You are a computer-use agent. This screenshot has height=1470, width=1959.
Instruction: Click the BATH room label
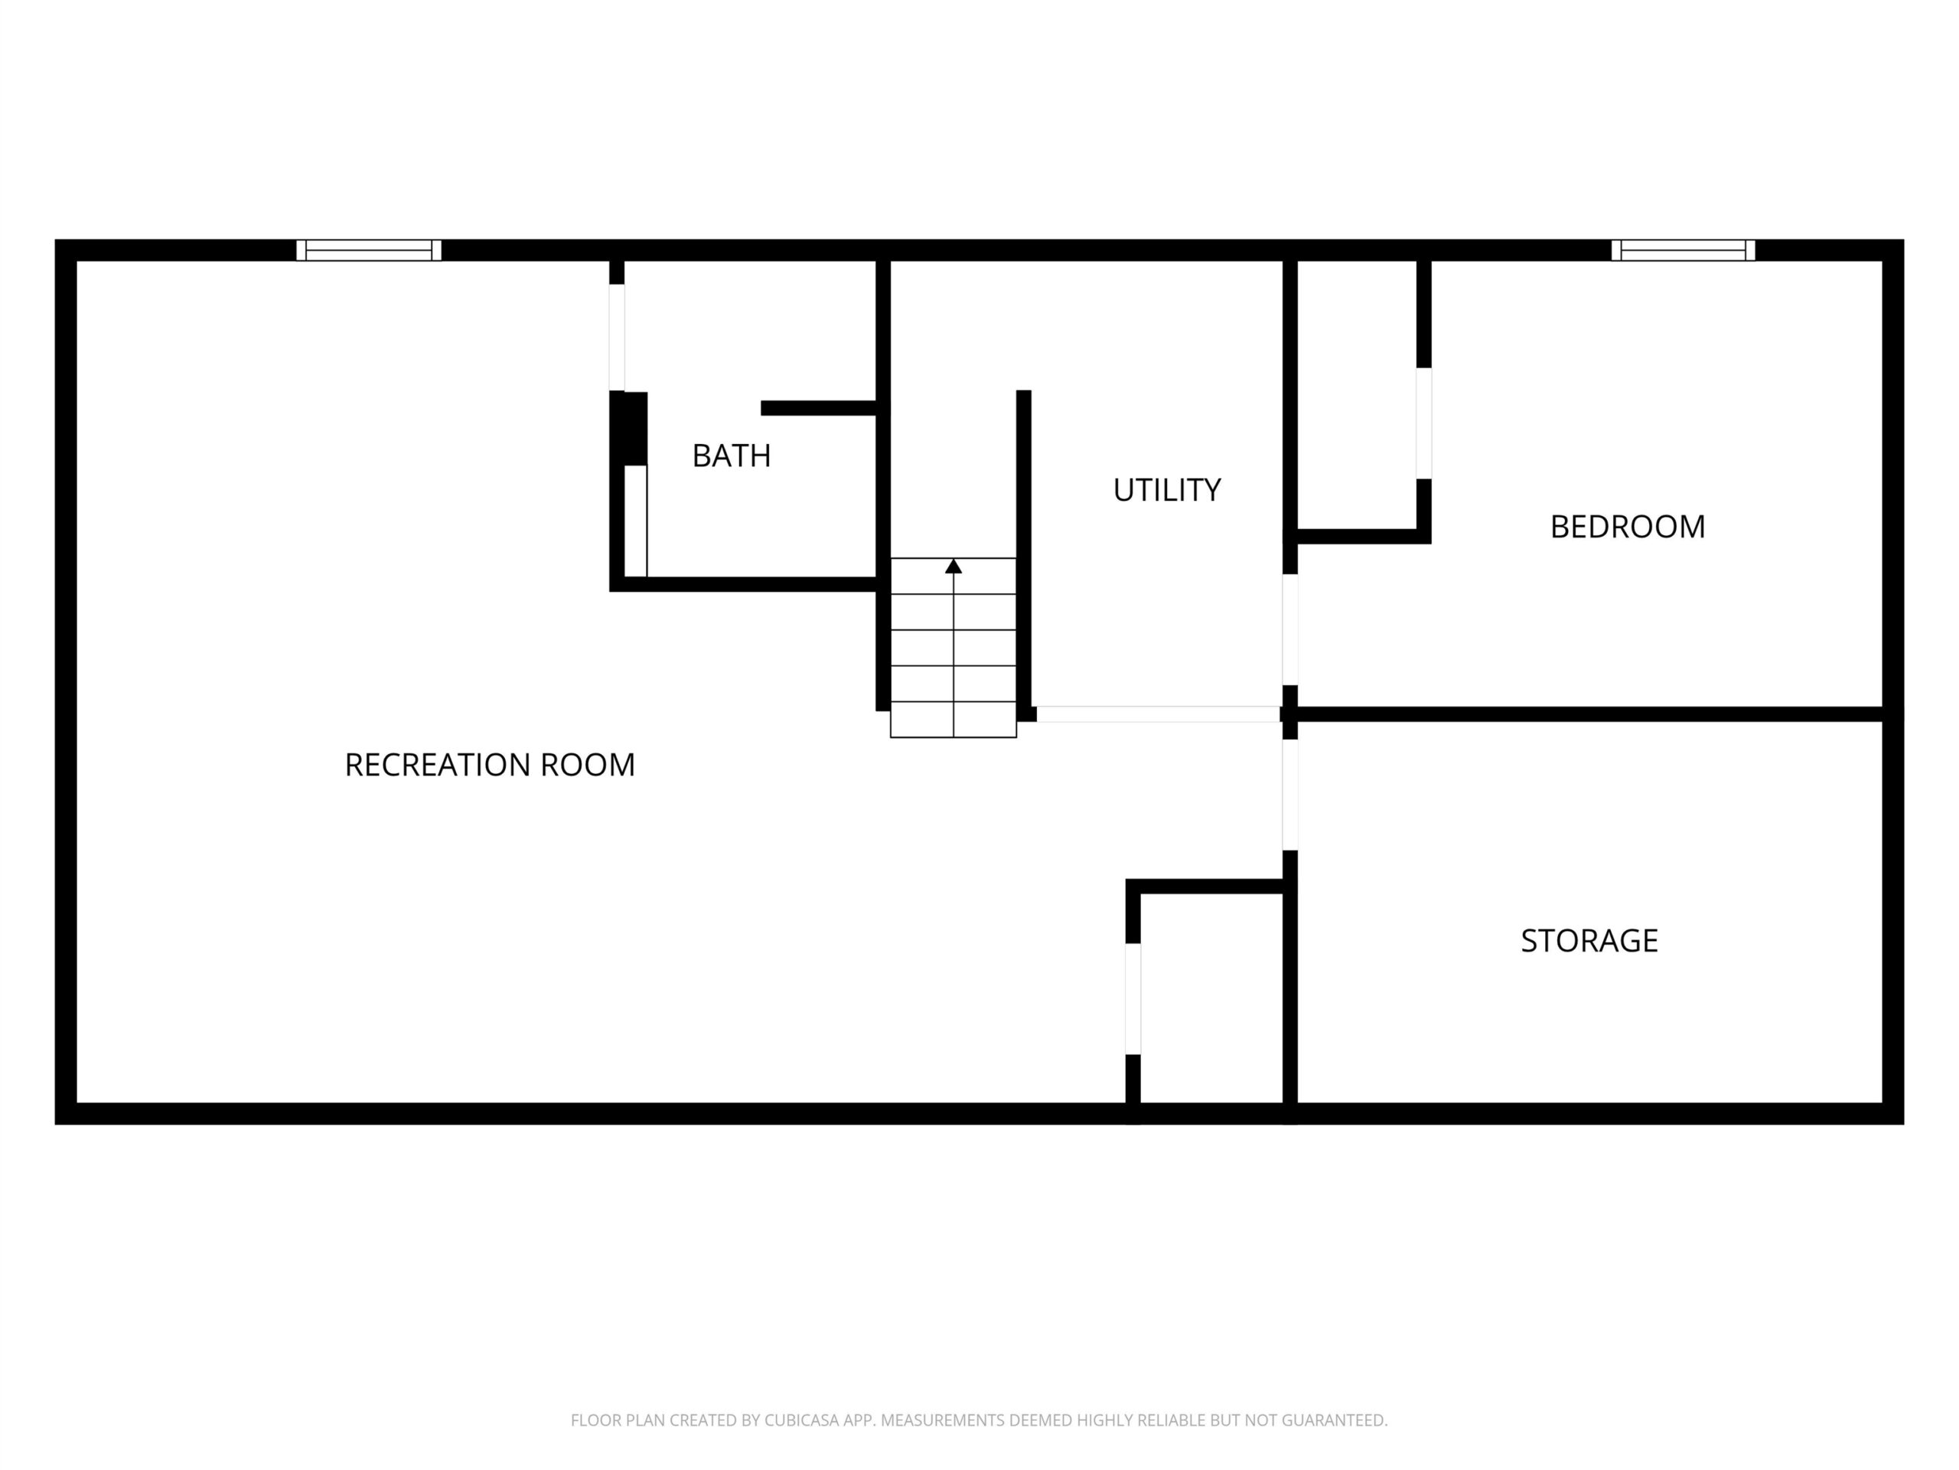click(x=731, y=456)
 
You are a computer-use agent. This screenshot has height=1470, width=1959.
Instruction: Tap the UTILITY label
click(x=1166, y=490)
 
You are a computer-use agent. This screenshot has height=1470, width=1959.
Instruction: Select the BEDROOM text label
click(x=1627, y=526)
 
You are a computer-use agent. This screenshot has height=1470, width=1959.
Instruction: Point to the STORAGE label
click(x=1589, y=940)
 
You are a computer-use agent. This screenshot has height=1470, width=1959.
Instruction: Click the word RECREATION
click(x=438, y=765)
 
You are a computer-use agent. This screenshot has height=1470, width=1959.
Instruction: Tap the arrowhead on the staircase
click(x=953, y=567)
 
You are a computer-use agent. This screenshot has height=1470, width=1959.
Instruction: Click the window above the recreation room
click(x=368, y=250)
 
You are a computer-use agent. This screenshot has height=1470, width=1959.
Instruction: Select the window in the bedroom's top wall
click(x=1683, y=250)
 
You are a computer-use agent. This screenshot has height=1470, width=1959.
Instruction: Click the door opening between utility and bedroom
click(x=1290, y=629)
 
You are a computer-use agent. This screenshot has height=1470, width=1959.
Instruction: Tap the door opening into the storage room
click(x=1290, y=795)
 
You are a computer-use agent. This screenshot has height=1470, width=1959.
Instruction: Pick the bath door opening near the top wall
click(x=616, y=338)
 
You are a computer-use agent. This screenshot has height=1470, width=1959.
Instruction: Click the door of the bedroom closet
click(x=1423, y=423)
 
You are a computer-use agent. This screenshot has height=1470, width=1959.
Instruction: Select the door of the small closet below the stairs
click(x=1133, y=998)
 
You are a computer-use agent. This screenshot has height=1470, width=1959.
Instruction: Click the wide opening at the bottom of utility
click(x=1159, y=714)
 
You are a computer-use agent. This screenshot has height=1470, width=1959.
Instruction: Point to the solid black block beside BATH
click(x=629, y=428)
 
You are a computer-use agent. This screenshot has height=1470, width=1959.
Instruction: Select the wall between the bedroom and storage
click(x=1589, y=714)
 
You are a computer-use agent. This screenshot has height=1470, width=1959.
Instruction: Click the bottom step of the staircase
click(x=953, y=720)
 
